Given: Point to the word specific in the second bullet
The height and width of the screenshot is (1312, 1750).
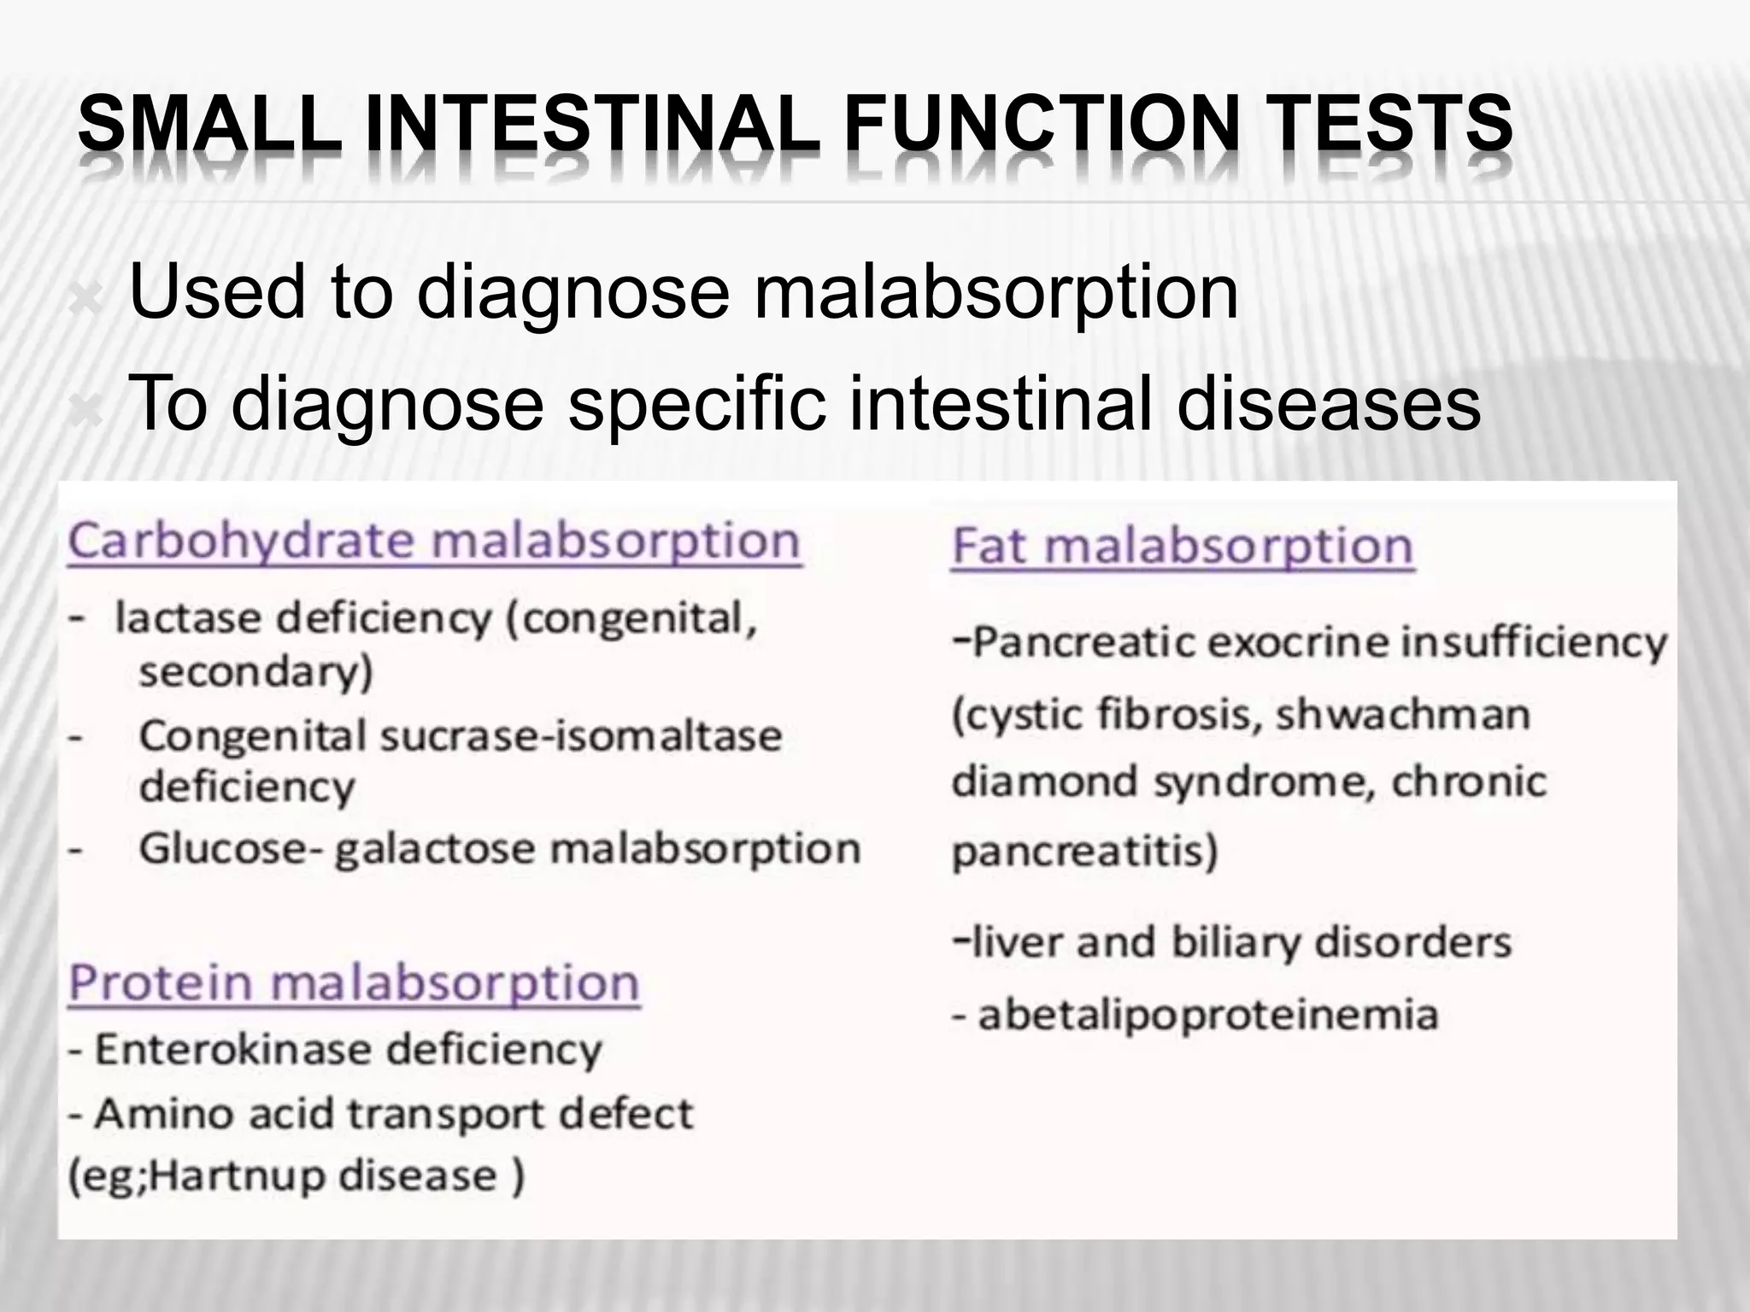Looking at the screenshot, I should click(696, 405).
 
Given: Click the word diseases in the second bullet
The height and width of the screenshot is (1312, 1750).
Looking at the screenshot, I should click(1328, 405).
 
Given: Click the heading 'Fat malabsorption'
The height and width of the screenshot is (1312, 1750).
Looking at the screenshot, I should click(1183, 547).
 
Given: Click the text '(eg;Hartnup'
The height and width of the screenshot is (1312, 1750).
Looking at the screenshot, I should click(197, 1176).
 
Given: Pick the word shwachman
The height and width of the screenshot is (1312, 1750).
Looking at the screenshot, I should click(1402, 715).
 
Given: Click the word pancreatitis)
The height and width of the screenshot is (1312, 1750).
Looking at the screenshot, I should click(1084, 851).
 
